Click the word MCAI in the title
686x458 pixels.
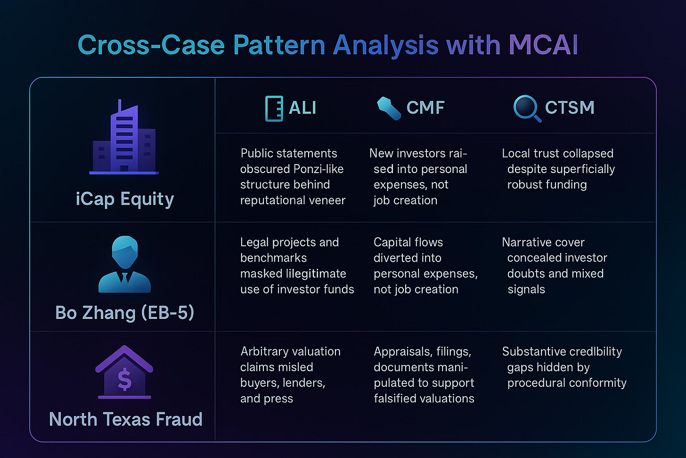[x=543, y=45]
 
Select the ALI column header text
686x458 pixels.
[x=302, y=108]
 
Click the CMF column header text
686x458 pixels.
[x=425, y=108]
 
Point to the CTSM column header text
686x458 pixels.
[x=569, y=108]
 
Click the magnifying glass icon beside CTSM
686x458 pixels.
[x=526, y=108]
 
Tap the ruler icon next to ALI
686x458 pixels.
[x=274, y=108]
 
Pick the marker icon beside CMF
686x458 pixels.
[x=389, y=108]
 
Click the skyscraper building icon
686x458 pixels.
[x=124, y=138]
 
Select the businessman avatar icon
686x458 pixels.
[x=124, y=265]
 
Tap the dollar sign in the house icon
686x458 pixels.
[x=124, y=380]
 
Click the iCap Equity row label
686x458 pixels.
[x=125, y=199]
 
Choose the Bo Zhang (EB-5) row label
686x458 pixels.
[x=125, y=313]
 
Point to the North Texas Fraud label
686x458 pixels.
[x=125, y=419]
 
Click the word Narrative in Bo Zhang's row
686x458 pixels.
[x=523, y=242]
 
